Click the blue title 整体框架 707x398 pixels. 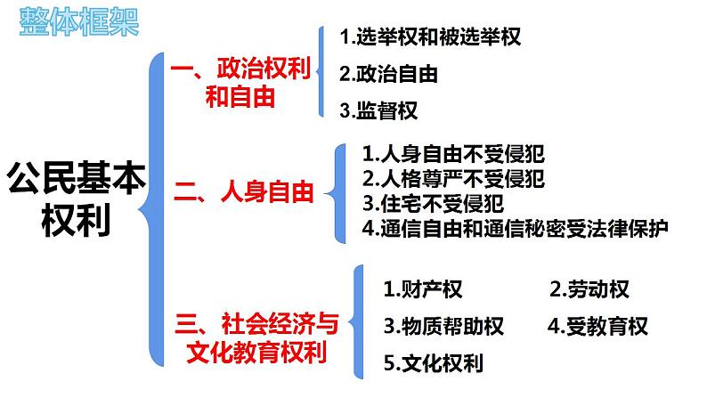pyautogui.click(x=79, y=21)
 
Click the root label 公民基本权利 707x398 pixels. pyautogui.click(x=77, y=199)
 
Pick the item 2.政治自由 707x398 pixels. pyautogui.click(x=388, y=74)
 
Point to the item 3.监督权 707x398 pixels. pyautogui.click(x=378, y=110)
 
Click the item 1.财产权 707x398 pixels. pyautogui.click(x=423, y=288)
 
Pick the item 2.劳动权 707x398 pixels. pyautogui.click(x=589, y=288)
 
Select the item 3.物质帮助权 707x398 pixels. pyautogui.click(x=443, y=326)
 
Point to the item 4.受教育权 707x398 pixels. pyautogui.click(x=597, y=326)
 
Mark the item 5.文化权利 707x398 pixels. pyautogui.click(x=434, y=363)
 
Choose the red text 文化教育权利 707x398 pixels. pyautogui.click(x=256, y=352)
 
